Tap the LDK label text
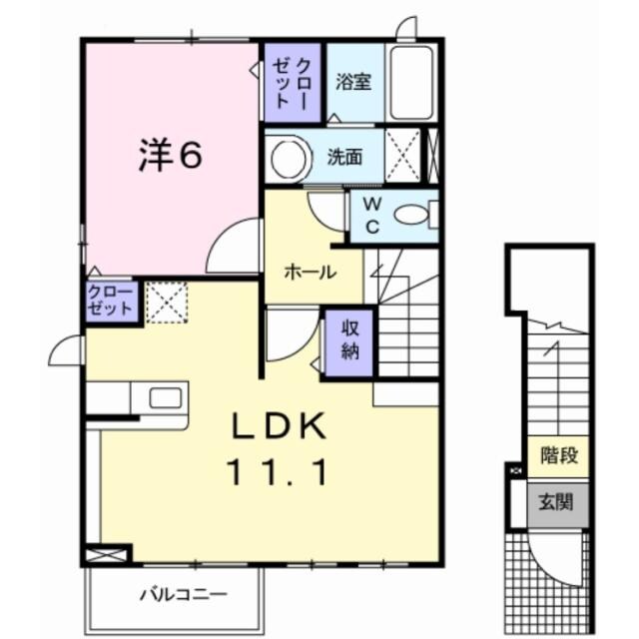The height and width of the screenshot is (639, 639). [280, 426]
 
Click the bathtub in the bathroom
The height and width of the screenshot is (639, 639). [412, 83]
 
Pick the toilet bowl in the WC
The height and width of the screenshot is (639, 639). [411, 214]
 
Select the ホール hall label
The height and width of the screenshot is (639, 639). [310, 273]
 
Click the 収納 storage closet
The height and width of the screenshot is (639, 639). [347, 340]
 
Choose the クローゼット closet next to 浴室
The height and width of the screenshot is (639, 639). [292, 80]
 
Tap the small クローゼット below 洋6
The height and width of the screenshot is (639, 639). [109, 301]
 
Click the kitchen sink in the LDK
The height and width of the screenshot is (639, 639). [166, 397]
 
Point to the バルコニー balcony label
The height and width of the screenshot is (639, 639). [176, 596]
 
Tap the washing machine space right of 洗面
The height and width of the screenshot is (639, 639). [403, 157]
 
